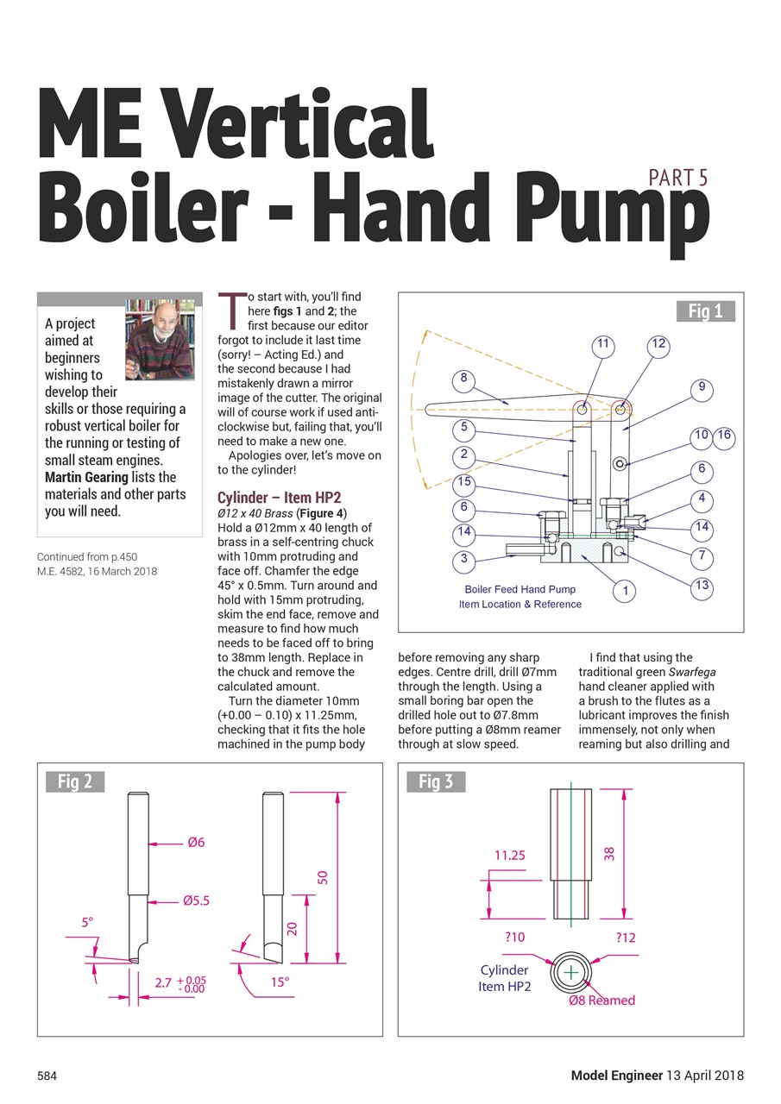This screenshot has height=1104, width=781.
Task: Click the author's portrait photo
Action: pyautogui.click(x=161, y=339)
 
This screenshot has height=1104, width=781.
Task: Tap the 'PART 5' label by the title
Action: pyautogui.click(x=678, y=179)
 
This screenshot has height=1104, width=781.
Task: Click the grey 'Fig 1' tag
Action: pyautogui.click(x=705, y=311)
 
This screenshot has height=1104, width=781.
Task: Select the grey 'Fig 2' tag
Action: pyautogui.click(x=74, y=781)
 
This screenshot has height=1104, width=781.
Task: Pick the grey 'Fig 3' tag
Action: pyautogui.click(x=435, y=781)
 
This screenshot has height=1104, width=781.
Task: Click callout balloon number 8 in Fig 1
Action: pyautogui.click(x=463, y=379)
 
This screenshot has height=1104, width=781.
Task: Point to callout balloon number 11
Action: pyautogui.click(x=603, y=344)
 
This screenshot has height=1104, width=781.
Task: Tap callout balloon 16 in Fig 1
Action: pyautogui.click(x=723, y=436)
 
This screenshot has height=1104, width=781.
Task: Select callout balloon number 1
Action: pyautogui.click(x=624, y=591)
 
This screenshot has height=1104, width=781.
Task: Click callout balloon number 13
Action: pyautogui.click(x=702, y=586)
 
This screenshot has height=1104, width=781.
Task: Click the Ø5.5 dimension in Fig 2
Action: pyautogui.click(x=196, y=901)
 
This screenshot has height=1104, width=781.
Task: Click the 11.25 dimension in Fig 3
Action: pyautogui.click(x=510, y=856)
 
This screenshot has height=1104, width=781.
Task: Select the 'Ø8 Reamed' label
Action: pyautogui.click(x=601, y=1000)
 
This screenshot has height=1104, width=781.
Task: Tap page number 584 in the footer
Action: pyautogui.click(x=47, y=1076)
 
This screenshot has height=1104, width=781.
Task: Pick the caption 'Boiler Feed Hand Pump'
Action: pyautogui.click(x=520, y=590)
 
